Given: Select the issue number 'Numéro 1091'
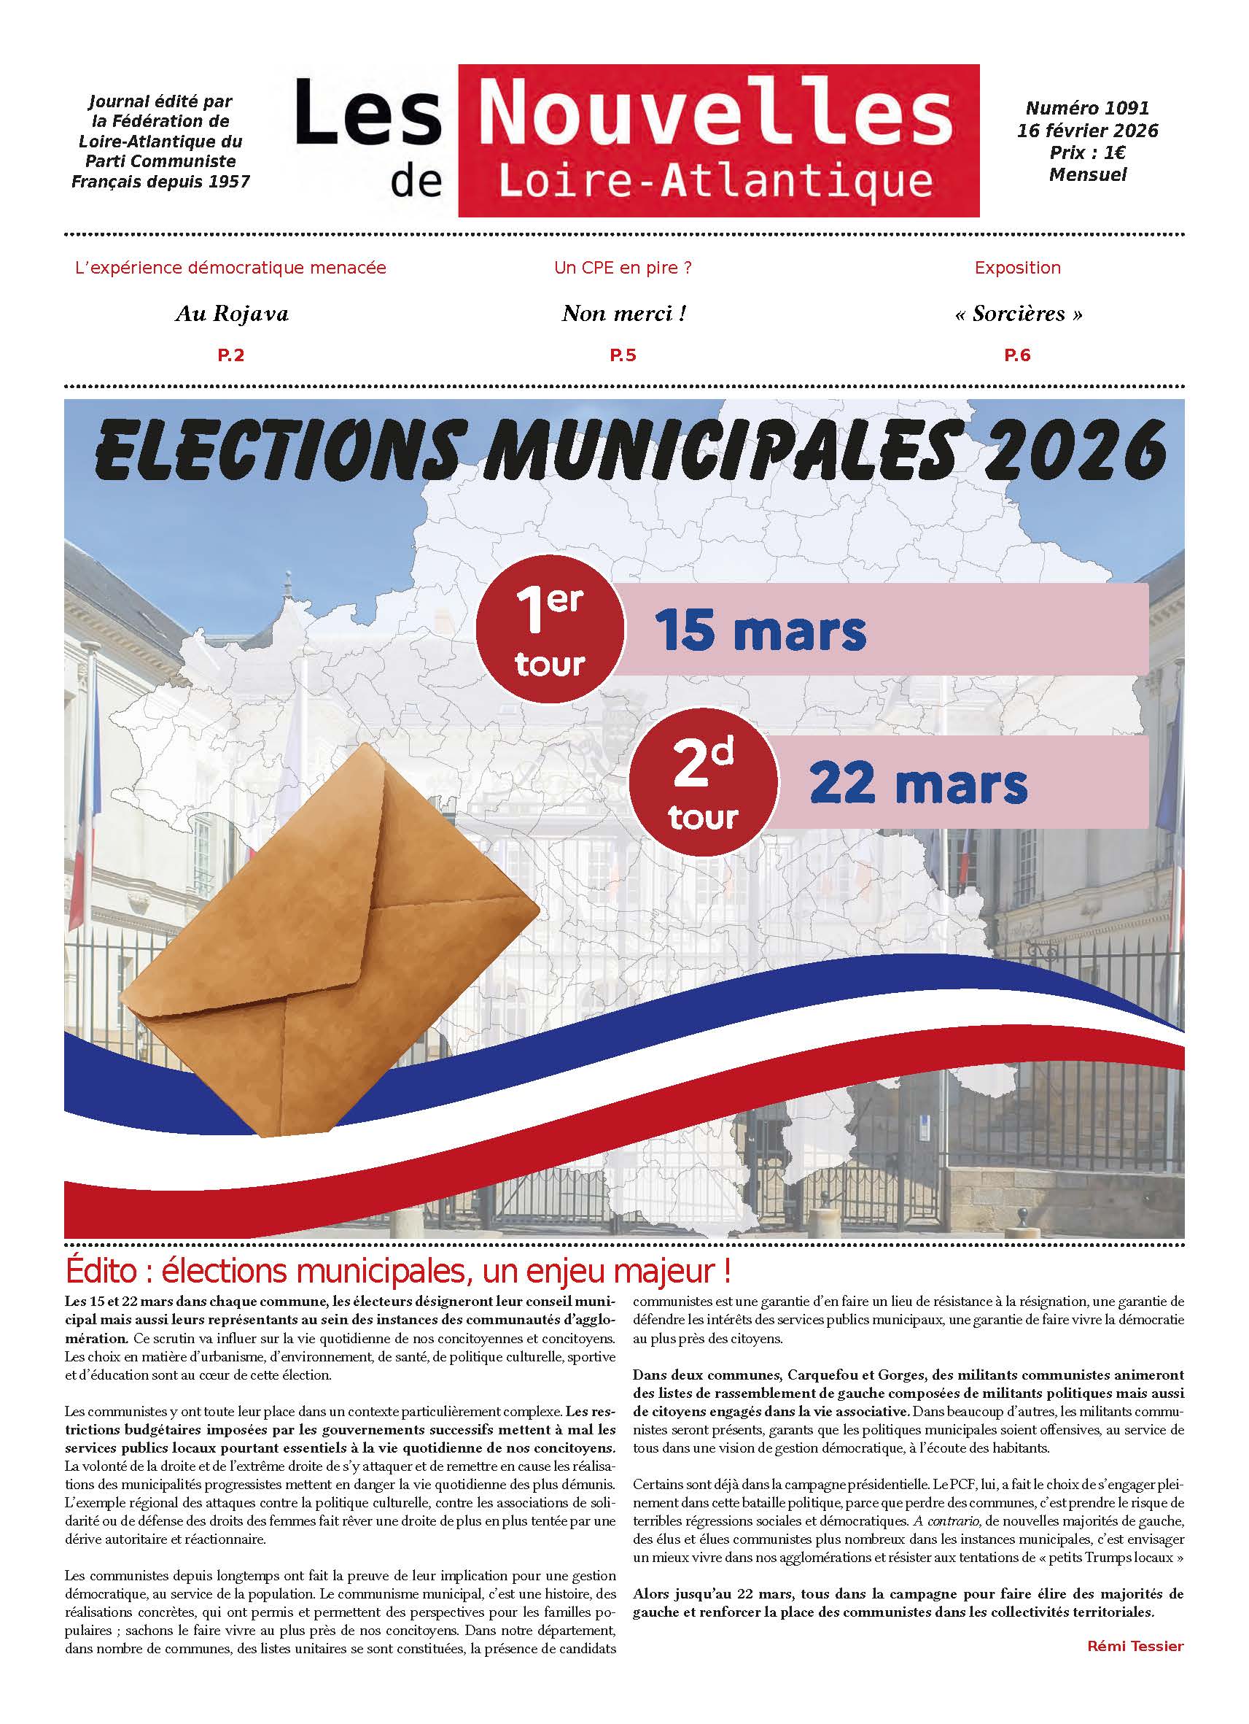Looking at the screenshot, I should (1087, 109).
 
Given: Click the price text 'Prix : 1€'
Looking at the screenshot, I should (1087, 152).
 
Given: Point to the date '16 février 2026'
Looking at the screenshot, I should (1087, 131).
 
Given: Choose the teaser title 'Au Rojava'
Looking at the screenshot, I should (232, 314).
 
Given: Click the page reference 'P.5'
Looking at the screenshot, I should (623, 355).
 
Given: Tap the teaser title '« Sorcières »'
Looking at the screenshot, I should (1018, 314).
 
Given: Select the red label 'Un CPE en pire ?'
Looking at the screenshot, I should (623, 268).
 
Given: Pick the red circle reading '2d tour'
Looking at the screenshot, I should (703, 783).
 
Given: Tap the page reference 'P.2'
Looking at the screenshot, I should (231, 355).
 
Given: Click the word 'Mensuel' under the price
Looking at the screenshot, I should (1087, 175).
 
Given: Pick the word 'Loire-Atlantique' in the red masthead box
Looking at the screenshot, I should (717, 182).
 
